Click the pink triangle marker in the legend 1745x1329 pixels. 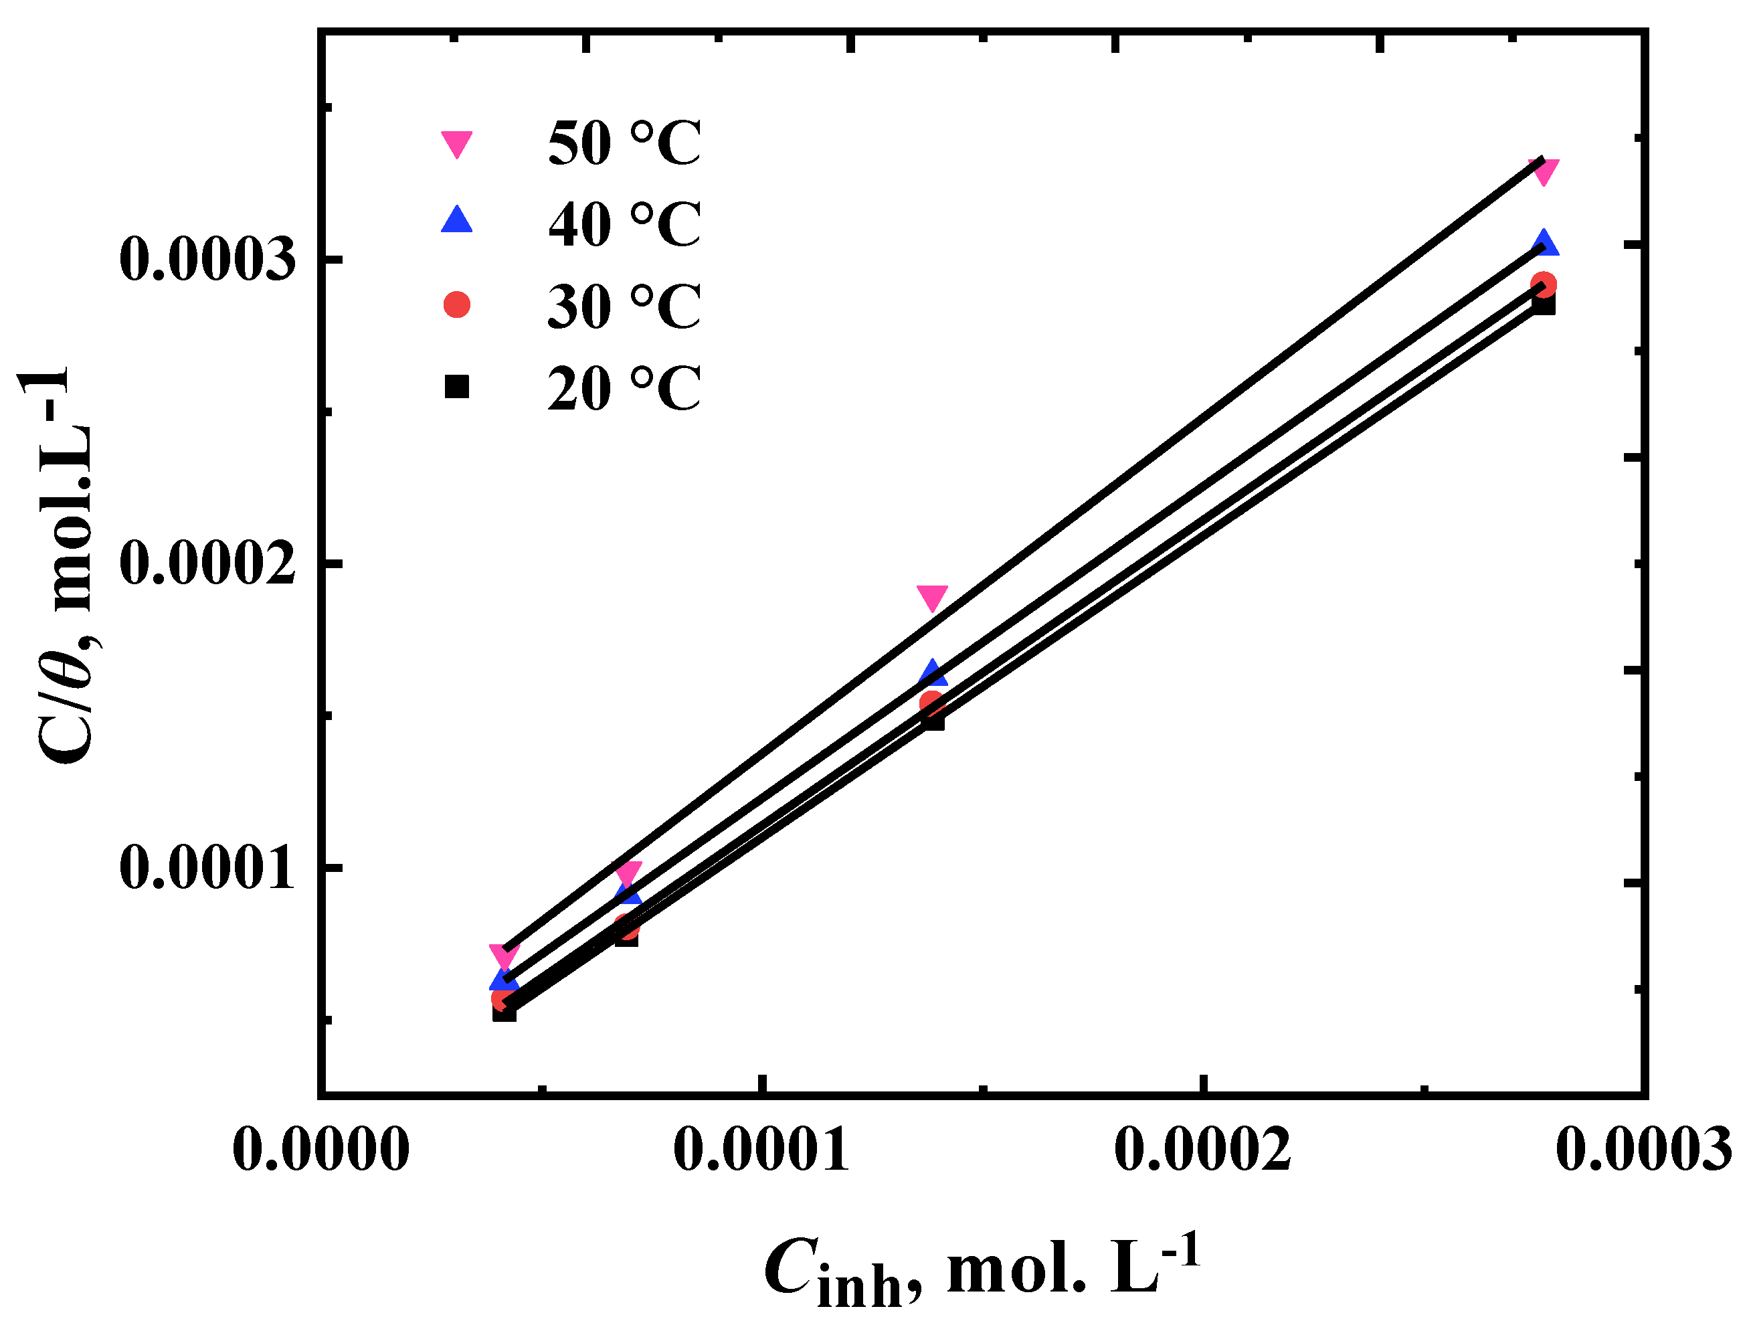[456, 143]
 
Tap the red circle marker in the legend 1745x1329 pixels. [456, 304]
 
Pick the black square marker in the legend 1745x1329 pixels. [456, 387]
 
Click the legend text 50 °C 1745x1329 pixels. [624, 143]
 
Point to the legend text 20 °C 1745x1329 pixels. [624, 388]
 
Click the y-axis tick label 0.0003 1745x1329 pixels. [207, 259]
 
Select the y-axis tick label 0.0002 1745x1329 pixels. [207, 564]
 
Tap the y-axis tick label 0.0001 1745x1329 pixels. [207, 868]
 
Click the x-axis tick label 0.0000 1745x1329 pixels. [320, 1150]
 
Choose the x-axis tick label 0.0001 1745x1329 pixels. [761, 1150]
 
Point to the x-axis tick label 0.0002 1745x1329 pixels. [1202, 1150]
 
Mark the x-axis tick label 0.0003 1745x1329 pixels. [1644, 1150]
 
